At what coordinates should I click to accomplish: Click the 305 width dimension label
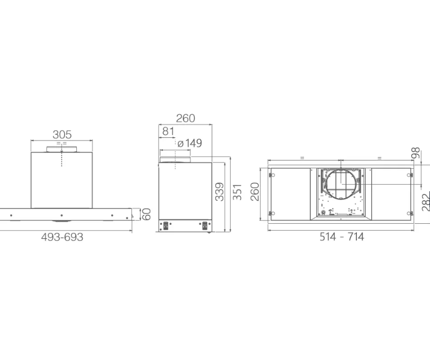(62, 135)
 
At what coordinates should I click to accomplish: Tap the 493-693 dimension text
(62, 237)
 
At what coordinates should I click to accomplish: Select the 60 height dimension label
(147, 214)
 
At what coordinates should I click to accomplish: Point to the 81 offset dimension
(168, 131)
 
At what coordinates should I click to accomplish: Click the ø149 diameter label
(190, 143)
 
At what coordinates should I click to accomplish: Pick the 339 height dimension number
(220, 192)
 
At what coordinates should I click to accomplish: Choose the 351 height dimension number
(237, 192)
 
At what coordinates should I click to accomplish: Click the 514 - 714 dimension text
(342, 237)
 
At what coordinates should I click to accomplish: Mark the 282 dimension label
(426, 202)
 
